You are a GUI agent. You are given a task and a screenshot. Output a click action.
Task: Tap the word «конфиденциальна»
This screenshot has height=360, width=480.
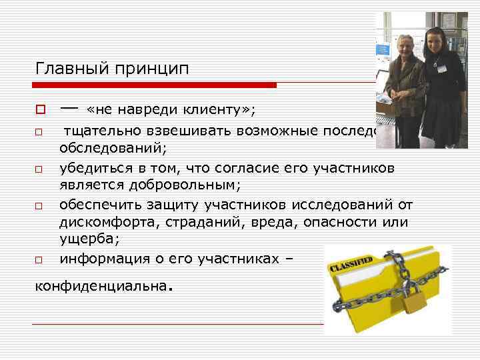tap(100, 287)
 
